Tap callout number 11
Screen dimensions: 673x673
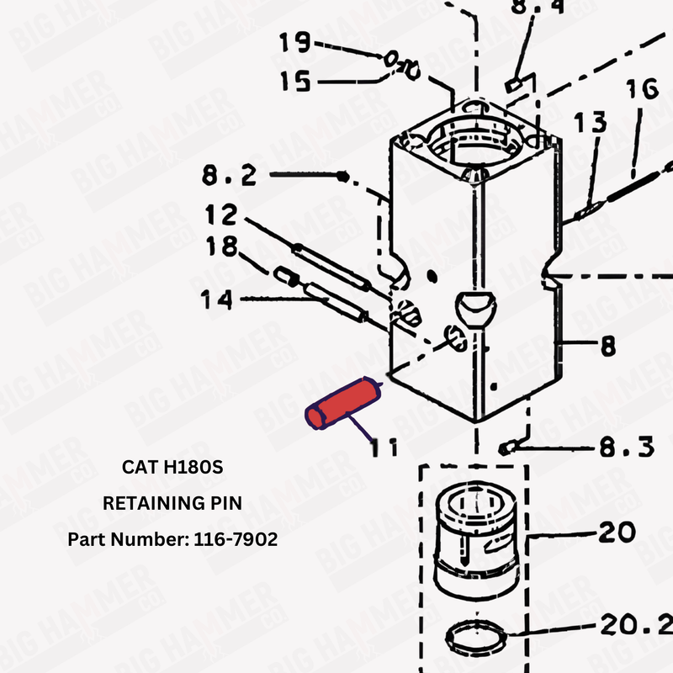[385, 447]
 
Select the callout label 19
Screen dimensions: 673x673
[294, 42]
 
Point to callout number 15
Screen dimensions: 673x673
[294, 82]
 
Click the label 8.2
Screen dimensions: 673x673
[228, 178]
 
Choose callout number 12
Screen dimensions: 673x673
[221, 215]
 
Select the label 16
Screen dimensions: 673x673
[642, 90]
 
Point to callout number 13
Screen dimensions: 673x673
[590, 124]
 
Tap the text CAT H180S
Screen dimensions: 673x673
[172, 465]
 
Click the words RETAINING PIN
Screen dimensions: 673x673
[172, 503]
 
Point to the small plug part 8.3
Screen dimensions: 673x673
[507, 448]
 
